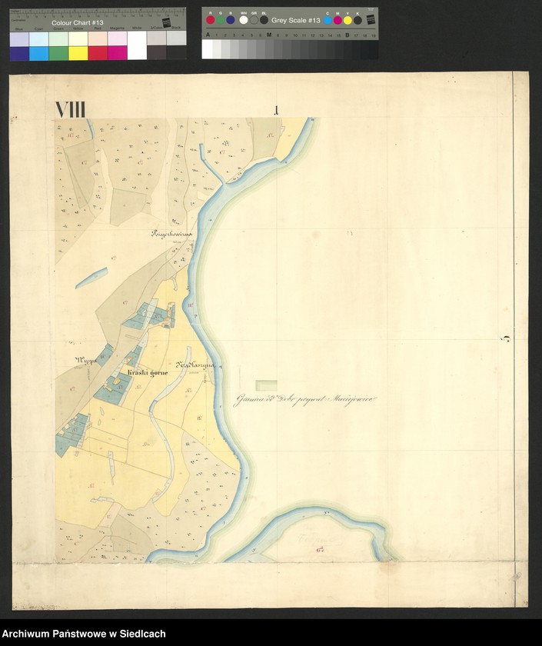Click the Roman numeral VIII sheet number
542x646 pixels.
[x=70, y=110]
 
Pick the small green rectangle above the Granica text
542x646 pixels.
[x=267, y=383]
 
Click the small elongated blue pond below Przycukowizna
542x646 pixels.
[x=91, y=277]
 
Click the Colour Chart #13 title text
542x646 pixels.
[x=76, y=23]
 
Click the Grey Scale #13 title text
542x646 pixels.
[x=295, y=20]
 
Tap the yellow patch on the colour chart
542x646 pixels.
[x=78, y=52]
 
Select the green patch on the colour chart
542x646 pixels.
[x=58, y=52]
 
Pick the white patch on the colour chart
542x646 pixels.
[x=137, y=46]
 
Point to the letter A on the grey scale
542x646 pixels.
[x=208, y=35]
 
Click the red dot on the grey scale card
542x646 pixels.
[x=210, y=19]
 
